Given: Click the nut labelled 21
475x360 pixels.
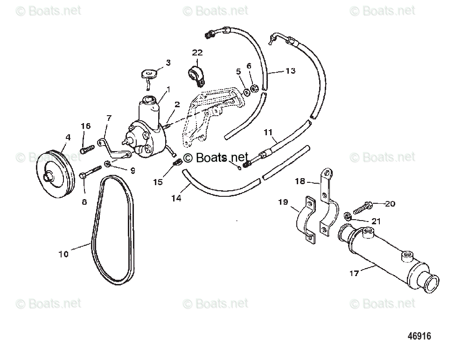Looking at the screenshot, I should (347, 216).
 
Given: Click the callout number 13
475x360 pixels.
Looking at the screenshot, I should (290, 71).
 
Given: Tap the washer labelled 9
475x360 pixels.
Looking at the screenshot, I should (108, 163).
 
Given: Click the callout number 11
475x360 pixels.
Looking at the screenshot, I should (268, 132).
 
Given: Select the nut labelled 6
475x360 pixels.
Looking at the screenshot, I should (254, 89).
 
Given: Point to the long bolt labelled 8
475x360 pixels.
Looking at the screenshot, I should (91, 171).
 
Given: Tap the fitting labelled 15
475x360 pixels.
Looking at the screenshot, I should (176, 163).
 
